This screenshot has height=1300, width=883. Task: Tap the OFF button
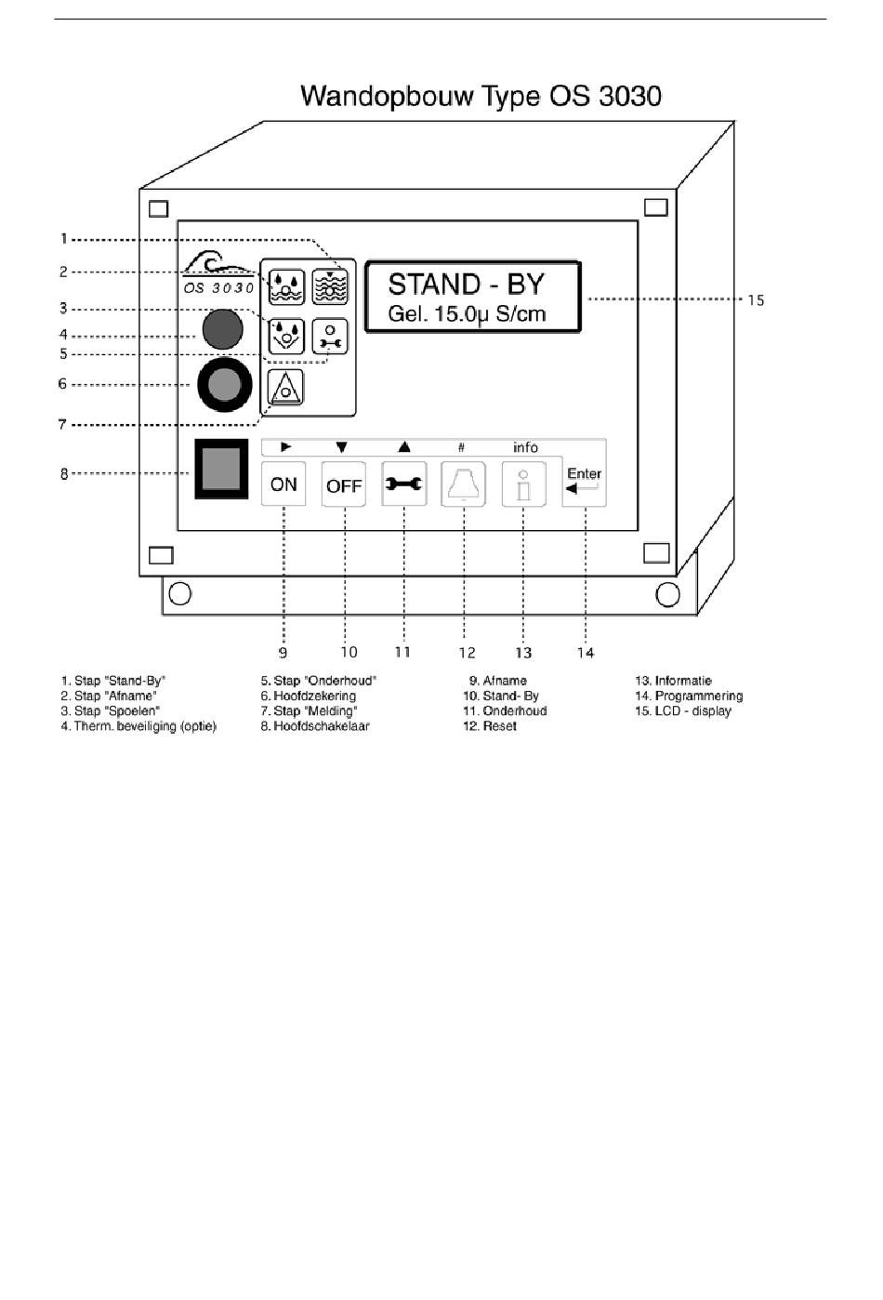pyautogui.click(x=344, y=484)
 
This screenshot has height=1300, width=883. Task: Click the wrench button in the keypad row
pyautogui.click(x=403, y=484)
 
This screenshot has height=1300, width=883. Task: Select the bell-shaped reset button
pyautogui.click(x=464, y=484)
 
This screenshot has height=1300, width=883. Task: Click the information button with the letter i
pyautogui.click(x=524, y=484)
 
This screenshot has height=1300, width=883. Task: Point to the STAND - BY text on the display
pyautogui.click(x=466, y=285)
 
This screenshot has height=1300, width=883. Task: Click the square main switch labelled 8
pyautogui.click(x=221, y=469)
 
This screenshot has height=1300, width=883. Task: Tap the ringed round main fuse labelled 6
pyautogui.click(x=225, y=384)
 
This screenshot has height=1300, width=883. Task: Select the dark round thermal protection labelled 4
pyautogui.click(x=222, y=329)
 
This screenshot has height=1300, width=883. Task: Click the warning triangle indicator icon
pyautogui.click(x=285, y=387)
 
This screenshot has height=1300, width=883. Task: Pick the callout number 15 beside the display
pyautogui.click(x=756, y=300)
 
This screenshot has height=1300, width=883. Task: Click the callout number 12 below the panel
pyautogui.click(x=467, y=653)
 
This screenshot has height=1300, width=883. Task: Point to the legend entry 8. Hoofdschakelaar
pyautogui.click(x=315, y=726)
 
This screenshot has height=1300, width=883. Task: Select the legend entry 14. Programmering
pyautogui.click(x=689, y=696)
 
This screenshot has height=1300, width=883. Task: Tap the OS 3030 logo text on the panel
pyautogui.click(x=218, y=288)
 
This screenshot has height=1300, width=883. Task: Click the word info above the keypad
pyautogui.click(x=525, y=447)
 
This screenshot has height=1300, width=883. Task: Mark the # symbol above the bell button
pyautogui.click(x=461, y=447)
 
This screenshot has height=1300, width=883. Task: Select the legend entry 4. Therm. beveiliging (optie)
pyautogui.click(x=138, y=726)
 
